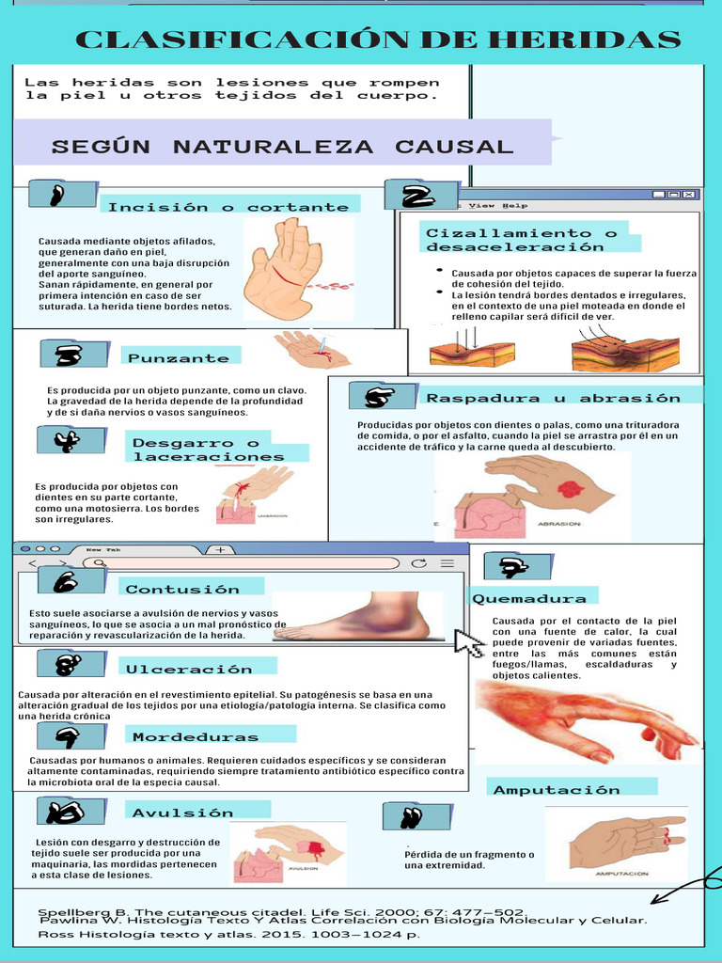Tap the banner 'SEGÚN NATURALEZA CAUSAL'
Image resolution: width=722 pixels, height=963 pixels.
point(282,147)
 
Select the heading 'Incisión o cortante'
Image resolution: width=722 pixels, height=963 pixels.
point(228,207)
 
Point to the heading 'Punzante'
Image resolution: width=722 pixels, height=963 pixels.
point(179,358)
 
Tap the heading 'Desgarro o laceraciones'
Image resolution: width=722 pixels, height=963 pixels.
point(208,450)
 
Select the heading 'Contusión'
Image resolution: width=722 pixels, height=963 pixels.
point(182,590)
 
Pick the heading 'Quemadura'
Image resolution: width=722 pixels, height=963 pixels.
point(529,598)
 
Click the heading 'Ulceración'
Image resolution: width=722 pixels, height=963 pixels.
point(189,669)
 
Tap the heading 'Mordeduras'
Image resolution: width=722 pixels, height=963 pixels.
point(195,736)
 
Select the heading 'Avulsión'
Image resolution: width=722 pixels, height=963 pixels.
point(182,813)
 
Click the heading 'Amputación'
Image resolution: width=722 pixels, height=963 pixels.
point(557,789)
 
